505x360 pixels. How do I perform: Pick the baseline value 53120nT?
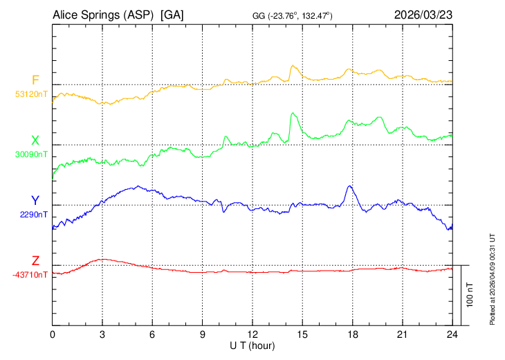(x=31, y=94)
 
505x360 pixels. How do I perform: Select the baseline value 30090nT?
(x=31, y=154)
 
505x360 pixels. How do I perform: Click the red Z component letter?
(x=35, y=262)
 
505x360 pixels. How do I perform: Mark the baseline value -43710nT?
(x=30, y=275)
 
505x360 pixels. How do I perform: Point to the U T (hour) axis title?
(x=252, y=345)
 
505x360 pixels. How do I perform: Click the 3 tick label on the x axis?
(x=102, y=335)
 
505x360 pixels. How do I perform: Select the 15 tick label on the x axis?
(x=302, y=335)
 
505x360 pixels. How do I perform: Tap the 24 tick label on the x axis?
(x=452, y=335)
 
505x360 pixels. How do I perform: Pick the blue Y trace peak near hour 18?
(x=349, y=186)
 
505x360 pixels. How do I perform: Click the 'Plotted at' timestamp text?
(x=493, y=277)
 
